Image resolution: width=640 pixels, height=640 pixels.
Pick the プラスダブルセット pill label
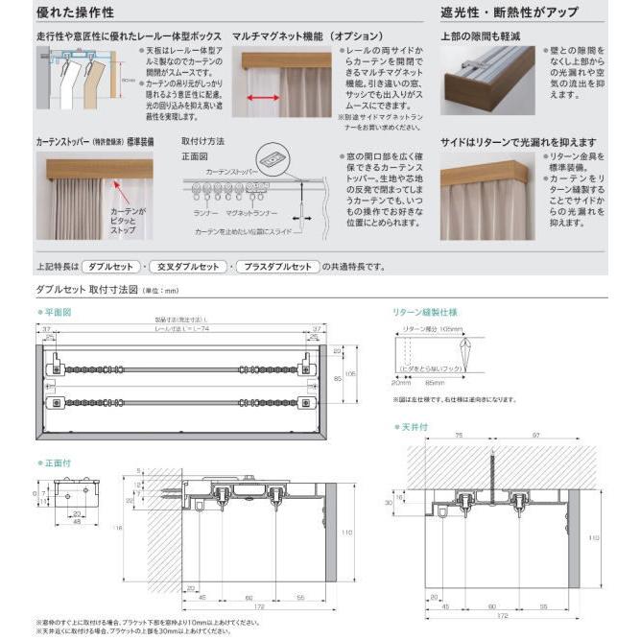click(x=278, y=267)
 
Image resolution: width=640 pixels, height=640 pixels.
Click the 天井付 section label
click(x=415, y=425)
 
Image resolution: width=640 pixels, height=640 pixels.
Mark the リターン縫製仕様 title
click(x=425, y=312)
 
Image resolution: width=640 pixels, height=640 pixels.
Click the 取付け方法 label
click(x=202, y=141)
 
